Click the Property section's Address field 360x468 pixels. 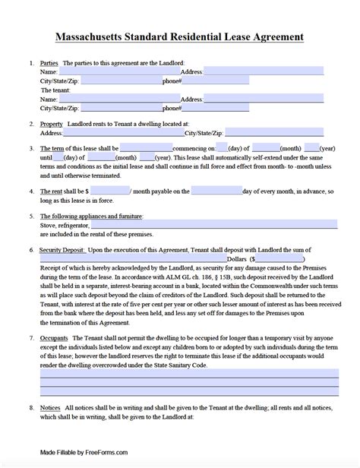109,132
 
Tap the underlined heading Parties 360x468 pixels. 51,62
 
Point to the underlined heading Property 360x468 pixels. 52,123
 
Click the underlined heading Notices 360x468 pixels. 50,408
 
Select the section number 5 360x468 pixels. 30,215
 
